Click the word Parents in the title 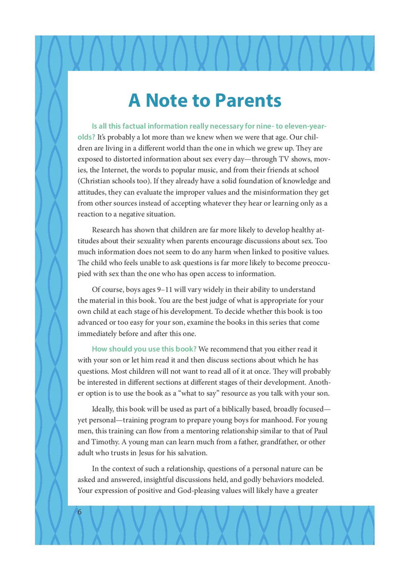click(x=248, y=100)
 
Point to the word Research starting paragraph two click(x=109, y=230)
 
